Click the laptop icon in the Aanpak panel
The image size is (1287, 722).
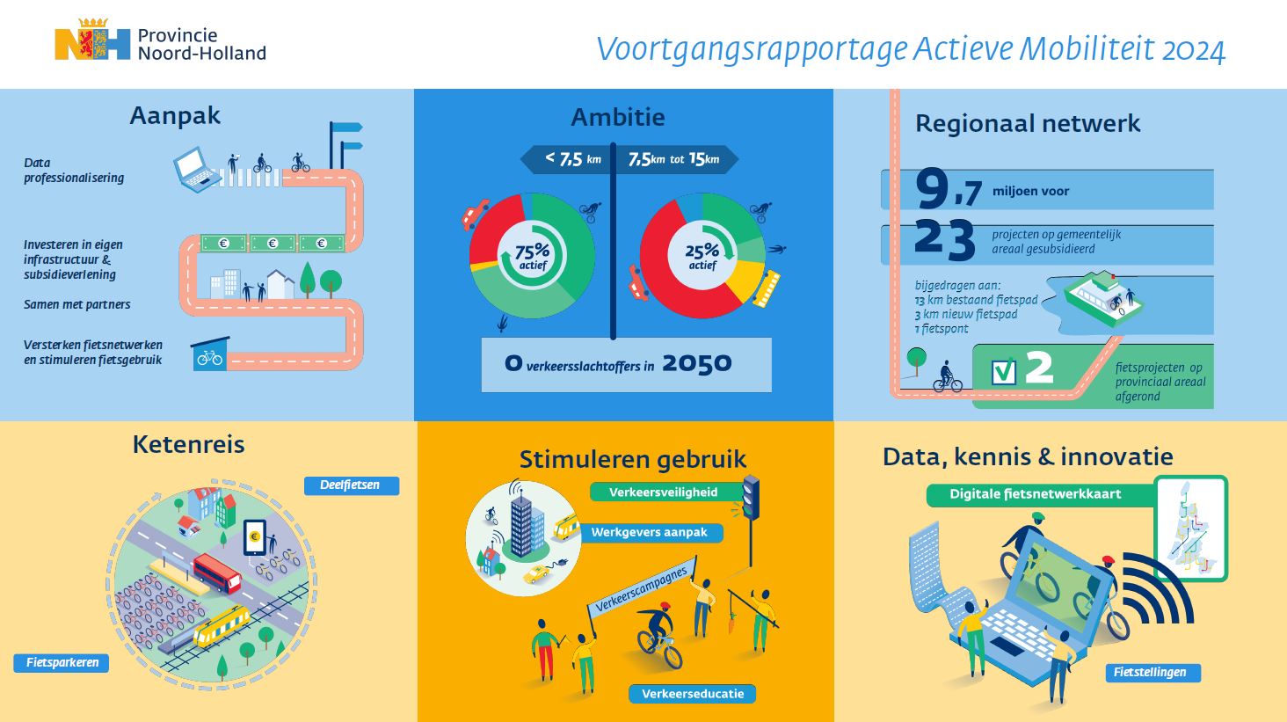[197, 170]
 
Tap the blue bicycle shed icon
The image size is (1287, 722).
[210, 354]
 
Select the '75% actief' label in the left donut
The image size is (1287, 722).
[532, 257]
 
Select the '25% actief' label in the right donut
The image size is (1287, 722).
[702, 257]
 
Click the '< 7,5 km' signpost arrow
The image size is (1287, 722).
[565, 158]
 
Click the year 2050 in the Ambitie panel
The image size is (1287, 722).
[697, 363]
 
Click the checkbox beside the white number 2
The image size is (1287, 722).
[1004, 372]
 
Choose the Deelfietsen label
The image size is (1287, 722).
[351, 485]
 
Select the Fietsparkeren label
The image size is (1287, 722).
[62, 663]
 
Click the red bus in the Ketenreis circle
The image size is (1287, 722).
[217, 572]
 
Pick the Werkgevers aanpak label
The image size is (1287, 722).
[650, 532]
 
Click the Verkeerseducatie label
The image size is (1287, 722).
[693, 694]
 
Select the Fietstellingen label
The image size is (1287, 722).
[1152, 672]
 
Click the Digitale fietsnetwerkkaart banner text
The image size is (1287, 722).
[1035, 493]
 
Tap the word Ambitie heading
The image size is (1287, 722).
[618, 117]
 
